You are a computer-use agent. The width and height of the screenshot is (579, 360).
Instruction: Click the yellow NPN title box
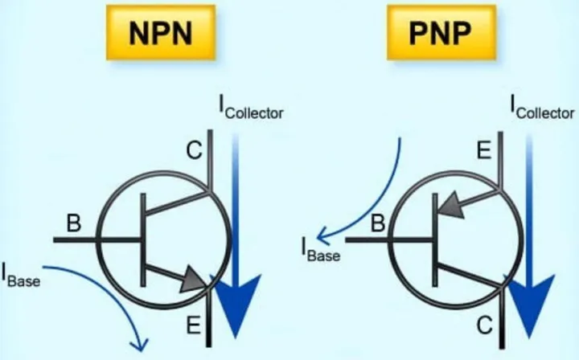coord(161,32)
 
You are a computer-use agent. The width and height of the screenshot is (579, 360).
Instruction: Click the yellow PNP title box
coord(441,32)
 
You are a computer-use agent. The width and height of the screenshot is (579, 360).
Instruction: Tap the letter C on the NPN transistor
coord(195,150)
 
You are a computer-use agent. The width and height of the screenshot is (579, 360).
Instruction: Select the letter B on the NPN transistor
coord(74,223)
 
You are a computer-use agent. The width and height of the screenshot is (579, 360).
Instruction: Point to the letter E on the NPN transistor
coord(194,325)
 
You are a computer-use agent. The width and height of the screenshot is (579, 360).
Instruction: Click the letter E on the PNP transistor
coord(484,150)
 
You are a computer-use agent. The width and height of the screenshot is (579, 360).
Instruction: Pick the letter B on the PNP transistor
coord(378,223)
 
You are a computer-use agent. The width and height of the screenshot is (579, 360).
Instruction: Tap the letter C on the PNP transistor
coord(484,325)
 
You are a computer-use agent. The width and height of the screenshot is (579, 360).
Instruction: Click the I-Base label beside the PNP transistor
coord(321,250)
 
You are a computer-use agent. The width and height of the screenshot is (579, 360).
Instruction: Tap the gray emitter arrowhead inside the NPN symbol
coord(193,279)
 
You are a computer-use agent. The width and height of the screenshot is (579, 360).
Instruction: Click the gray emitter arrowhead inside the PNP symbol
coord(450,205)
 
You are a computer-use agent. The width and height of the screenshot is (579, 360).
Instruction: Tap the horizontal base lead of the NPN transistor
coord(98,240)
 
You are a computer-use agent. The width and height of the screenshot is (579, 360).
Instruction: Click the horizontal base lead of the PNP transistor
coord(390,240)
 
